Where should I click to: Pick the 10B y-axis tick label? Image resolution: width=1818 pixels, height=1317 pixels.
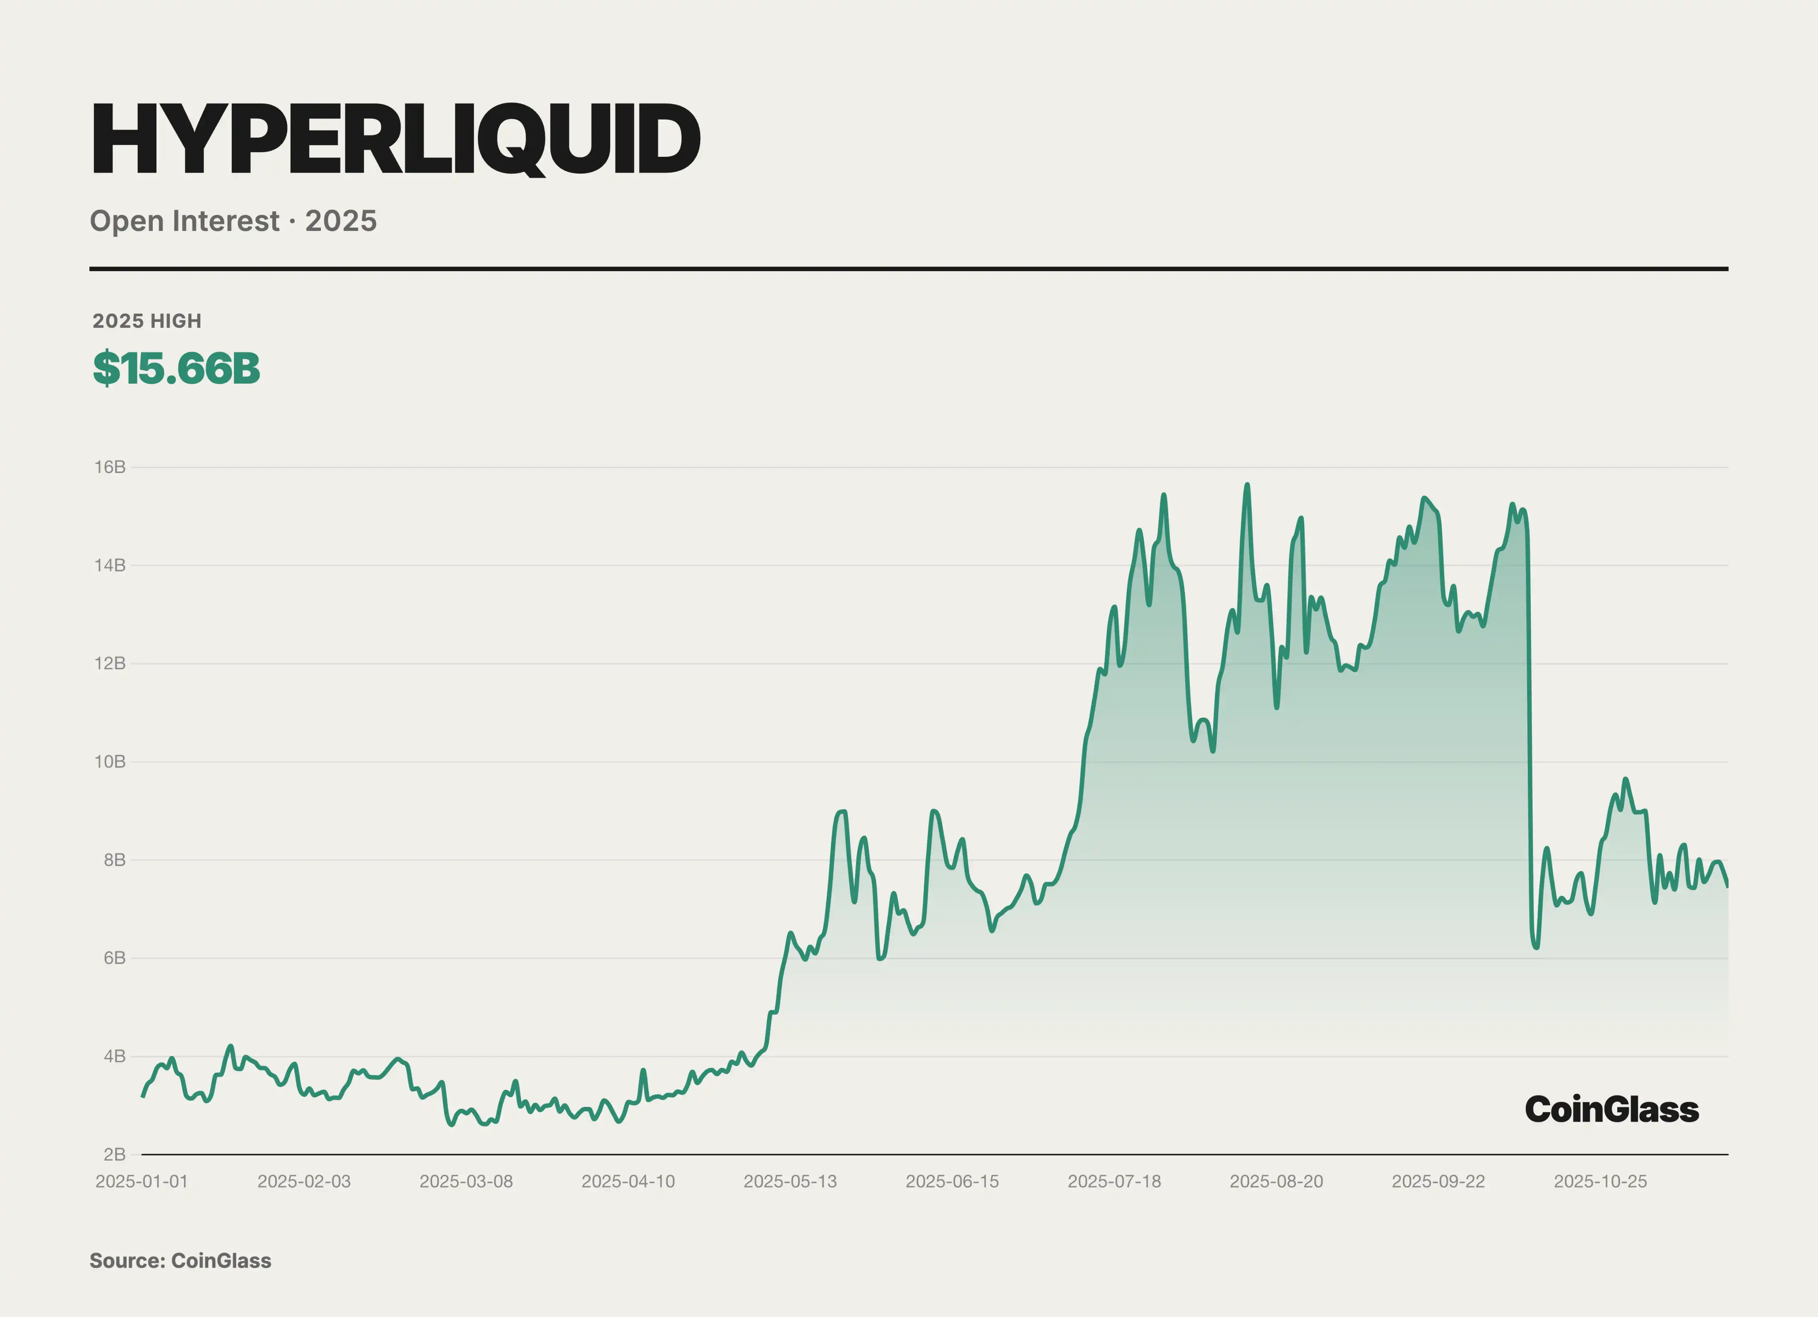click(110, 762)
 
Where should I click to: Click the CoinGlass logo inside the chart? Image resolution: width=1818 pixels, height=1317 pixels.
click(1611, 1109)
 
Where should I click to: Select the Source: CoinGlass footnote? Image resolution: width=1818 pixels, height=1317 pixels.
click(180, 1261)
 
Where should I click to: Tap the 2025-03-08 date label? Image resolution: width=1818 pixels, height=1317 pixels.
click(466, 1182)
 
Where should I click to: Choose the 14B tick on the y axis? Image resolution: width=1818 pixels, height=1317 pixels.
click(110, 565)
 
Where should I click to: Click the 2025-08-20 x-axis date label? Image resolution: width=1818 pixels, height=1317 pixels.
click(1276, 1182)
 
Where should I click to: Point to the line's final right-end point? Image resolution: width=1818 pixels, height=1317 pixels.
click(1727, 885)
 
